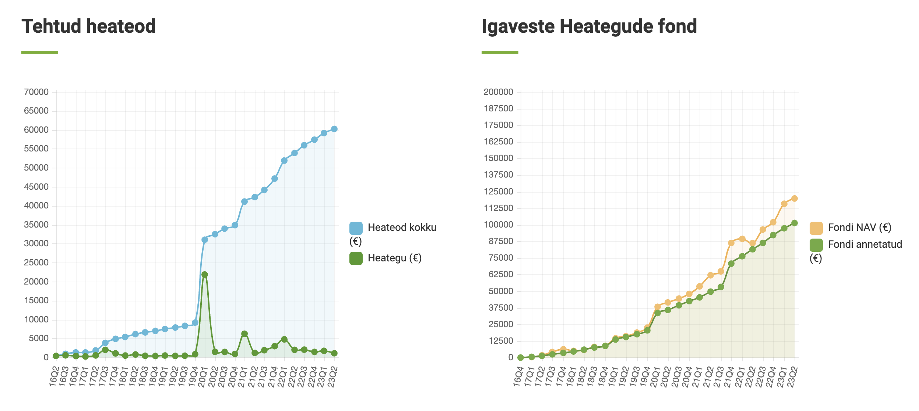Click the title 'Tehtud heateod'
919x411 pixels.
pos(88,26)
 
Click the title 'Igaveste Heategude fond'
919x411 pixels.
pos(589,26)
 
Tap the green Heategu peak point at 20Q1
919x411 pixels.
pos(205,275)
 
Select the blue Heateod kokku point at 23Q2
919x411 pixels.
pos(334,129)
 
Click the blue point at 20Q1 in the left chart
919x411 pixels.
pos(205,240)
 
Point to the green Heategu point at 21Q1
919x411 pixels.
pos(244,334)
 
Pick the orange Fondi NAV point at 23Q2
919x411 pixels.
pos(795,199)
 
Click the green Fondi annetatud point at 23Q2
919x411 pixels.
pos(795,223)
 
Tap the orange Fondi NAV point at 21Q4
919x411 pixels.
pos(731,243)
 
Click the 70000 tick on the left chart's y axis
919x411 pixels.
pos(36,92)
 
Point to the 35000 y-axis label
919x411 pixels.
pos(36,225)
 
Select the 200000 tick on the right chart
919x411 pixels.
pos(498,92)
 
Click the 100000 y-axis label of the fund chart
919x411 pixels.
pos(498,225)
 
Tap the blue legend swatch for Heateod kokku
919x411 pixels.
pos(356,228)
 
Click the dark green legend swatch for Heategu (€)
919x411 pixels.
pos(356,258)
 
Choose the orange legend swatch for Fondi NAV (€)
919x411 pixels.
pos(816,228)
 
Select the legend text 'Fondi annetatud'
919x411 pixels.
pos(865,244)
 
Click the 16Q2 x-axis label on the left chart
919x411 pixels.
pos(54,376)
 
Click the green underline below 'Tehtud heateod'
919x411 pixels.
pos(40,52)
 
